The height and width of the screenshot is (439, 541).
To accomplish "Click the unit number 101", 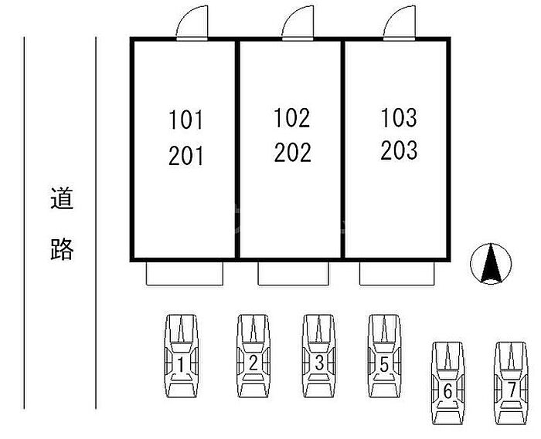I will pyautogui.click(x=185, y=121).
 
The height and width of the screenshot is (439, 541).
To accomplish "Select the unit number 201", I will pyautogui.click(x=185, y=156).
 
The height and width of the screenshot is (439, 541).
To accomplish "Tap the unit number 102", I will pyautogui.click(x=291, y=118).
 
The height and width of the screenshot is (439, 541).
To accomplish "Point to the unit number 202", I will pyautogui.click(x=291, y=152).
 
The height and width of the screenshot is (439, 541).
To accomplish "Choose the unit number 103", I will pyautogui.click(x=399, y=118).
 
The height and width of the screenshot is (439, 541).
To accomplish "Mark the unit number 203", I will pyautogui.click(x=399, y=150).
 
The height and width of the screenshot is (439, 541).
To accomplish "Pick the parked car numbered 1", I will pyautogui.click(x=181, y=356).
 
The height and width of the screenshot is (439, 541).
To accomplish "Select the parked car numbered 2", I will pyautogui.click(x=253, y=356).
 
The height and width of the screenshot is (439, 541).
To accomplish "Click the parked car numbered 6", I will pyautogui.click(x=447, y=383).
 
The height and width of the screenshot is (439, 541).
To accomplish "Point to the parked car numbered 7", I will pyautogui.click(x=512, y=383).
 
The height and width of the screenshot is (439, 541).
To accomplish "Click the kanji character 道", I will pyautogui.click(x=62, y=199).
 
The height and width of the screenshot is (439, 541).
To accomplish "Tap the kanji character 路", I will pyautogui.click(x=62, y=248).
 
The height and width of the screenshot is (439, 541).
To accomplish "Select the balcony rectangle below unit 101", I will pyautogui.click(x=185, y=272).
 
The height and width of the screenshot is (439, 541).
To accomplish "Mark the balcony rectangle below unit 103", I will pyautogui.click(x=399, y=272).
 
